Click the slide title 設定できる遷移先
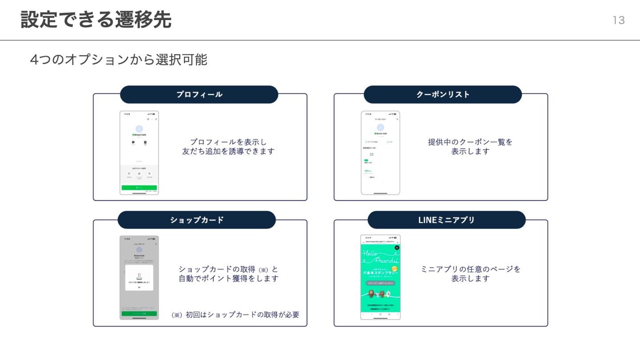click(x=96, y=20)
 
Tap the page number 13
click(x=619, y=20)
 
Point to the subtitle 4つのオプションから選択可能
click(x=119, y=60)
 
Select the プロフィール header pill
click(x=199, y=95)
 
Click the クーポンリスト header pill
click(x=443, y=95)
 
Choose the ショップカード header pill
click(x=197, y=220)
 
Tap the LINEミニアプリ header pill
click(x=446, y=220)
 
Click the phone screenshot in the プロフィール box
click(x=139, y=152)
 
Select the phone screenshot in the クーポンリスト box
click(x=380, y=152)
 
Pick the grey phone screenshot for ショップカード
click(x=139, y=277)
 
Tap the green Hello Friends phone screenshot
click(x=380, y=277)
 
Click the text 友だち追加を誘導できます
click(x=228, y=152)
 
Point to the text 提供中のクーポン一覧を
click(x=470, y=142)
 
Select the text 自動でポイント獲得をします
click(x=228, y=279)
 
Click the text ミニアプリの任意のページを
click(x=470, y=269)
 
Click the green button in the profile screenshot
click(x=139, y=188)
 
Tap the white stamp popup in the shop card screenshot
click(x=139, y=278)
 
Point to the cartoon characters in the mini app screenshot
click(x=380, y=294)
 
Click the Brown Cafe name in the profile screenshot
click(x=140, y=134)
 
